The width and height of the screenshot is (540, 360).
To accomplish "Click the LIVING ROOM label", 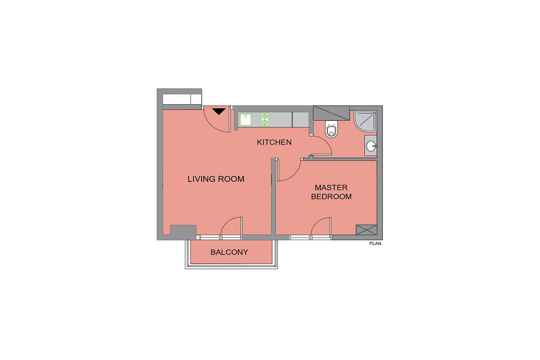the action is coord(216,179).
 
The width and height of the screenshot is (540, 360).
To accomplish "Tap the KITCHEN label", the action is coord(274,142).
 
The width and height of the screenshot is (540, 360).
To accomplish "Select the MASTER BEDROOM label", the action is coord(331,192).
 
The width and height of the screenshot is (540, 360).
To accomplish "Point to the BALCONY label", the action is coord(229,252).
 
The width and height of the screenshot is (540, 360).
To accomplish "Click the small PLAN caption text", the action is coord(375,243).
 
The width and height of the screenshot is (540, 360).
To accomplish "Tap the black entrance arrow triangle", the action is coord(219,111).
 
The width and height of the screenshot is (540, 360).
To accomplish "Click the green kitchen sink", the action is coord(246,120).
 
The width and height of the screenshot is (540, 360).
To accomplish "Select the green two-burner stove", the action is coord(265,120).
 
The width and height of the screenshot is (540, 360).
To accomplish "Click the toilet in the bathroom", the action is coord(332,129).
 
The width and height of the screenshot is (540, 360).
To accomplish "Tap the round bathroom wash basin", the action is coord(371,146).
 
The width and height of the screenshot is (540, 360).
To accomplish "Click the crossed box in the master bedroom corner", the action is coord(366,230).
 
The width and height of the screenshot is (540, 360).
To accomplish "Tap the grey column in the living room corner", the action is coord(183,231).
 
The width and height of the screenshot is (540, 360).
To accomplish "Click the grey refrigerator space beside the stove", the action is coord(301,120).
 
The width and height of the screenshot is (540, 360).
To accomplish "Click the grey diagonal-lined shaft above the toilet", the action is coord(331,113).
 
